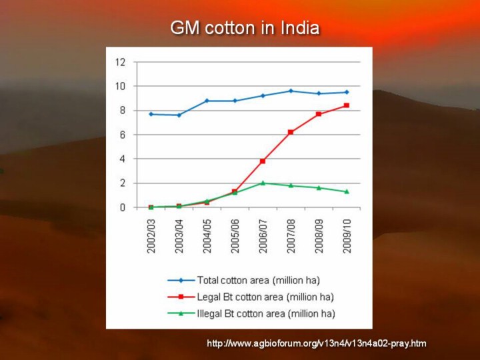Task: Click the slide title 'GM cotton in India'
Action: (245, 29)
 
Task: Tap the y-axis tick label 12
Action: (120, 62)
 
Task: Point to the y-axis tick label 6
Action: (122, 135)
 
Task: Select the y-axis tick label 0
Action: (122, 207)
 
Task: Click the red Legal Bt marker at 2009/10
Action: (347, 105)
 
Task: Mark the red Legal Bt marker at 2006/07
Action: (263, 161)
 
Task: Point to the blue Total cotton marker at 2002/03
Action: (151, 114)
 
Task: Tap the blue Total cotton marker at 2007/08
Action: (291, 91)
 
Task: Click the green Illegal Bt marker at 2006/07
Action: (263, 183)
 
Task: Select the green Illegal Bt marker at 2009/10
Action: (347, 191)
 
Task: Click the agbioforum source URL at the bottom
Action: (316, 343)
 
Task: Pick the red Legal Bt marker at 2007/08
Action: (291, 132)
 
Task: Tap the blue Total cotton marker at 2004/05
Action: (207, 101)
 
